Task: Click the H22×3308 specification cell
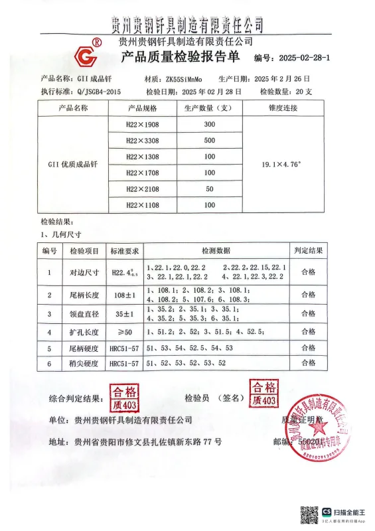coord(143,140)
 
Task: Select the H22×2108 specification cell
coord(143,189)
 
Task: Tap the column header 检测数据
coord(216,250)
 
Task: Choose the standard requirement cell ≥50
coord(124,331)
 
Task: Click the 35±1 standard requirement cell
coord(124,313)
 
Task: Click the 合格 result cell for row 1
coord(309,271)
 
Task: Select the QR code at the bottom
coord(309,515)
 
